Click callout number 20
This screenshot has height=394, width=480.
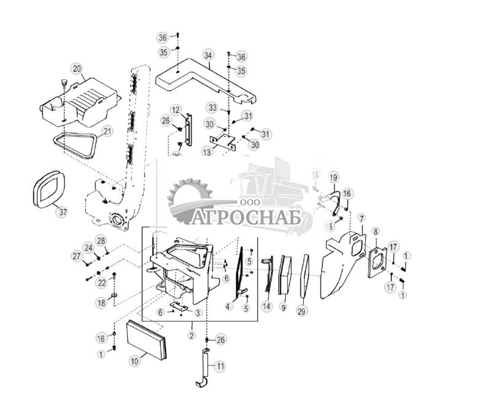(77, 68)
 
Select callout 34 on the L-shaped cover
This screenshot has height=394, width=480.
(208, 55)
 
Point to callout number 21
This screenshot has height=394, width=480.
(108, 131)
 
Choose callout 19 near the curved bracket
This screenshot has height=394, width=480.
(333, 178)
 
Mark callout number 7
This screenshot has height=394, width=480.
(361, 218)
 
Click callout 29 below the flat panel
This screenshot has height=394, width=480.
(302, 312)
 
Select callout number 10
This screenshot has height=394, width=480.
(135, 361)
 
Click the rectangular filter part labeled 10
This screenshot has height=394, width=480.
(146, 340)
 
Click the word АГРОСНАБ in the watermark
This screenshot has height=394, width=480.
(246, 217)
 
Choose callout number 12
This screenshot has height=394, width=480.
(176, 111)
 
